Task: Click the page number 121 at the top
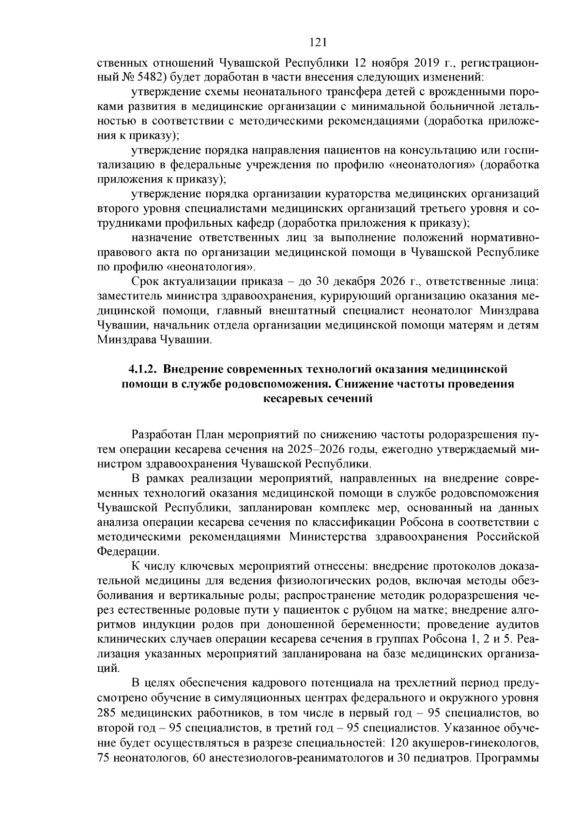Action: pyautogui.click(x=318, y=43)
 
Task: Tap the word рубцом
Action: pyautogui.click(x=377, y=610)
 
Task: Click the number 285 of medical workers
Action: pyautogui.click(x=107, y=713)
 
